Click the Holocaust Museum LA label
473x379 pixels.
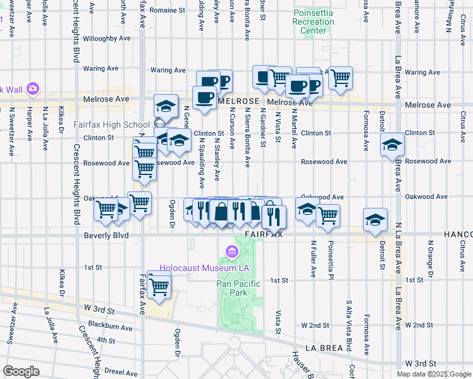point(201,268)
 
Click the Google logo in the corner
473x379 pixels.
point(20,371)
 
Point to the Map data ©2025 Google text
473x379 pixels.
point(434,374)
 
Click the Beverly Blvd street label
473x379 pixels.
point(106,236)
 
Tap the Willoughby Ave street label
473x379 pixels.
point(95,39)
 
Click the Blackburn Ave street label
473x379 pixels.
point(111,328)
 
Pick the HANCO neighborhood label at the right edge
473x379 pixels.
point(461,234)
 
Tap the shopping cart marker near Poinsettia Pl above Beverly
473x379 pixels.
point(328,215)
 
